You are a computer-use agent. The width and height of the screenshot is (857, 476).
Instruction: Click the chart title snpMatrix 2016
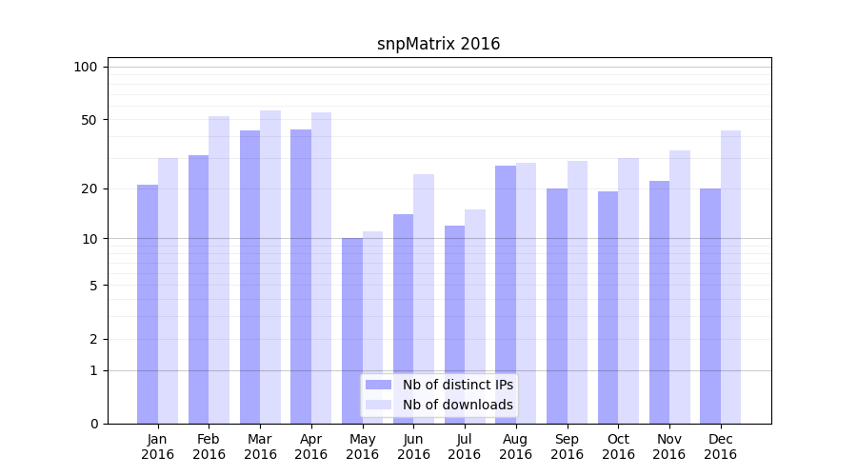438,44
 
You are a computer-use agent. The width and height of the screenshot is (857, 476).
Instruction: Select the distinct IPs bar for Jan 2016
148,305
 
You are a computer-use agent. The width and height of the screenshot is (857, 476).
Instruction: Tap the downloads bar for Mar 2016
270,267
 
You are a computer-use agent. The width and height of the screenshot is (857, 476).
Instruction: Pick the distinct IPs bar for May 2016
352,330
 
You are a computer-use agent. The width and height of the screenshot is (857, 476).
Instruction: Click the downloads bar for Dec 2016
730,277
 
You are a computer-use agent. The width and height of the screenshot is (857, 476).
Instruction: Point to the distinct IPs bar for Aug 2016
506,295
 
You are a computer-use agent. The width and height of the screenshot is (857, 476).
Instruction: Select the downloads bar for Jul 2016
475,316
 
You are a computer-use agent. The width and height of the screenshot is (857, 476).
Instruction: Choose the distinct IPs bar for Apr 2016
301,276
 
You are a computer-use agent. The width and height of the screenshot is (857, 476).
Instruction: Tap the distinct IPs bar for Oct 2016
608,307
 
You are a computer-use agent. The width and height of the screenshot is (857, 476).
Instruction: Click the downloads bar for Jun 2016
424,299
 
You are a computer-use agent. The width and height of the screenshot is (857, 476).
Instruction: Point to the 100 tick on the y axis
86,67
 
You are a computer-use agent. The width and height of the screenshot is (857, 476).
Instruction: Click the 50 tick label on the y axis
90,120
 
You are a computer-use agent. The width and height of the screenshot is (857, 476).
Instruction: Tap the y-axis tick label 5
93,285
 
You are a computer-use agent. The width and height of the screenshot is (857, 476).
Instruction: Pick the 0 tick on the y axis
93,424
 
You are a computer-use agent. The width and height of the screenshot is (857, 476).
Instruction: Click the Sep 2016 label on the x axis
567,446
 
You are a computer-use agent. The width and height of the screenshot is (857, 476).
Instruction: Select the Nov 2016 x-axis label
669,446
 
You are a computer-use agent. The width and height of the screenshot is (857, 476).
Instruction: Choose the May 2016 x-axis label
362,446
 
